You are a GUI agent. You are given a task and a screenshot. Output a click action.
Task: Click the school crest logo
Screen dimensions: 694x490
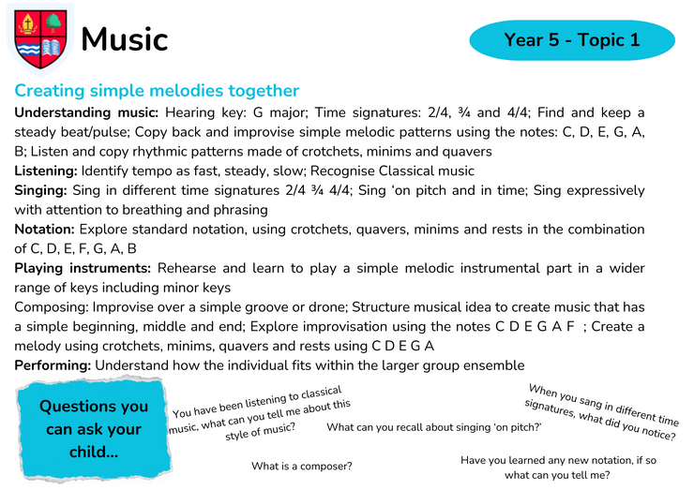(x=40, y=39)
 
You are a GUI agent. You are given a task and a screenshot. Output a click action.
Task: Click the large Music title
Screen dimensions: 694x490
(x=125, y=39)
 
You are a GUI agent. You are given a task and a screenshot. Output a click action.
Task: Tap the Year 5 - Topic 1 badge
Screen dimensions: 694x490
(x=572, y=39)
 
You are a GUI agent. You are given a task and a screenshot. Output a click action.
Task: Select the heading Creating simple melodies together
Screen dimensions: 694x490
(x=157, y=91)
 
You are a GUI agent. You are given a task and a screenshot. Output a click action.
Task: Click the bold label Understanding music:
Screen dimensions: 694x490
(x=86, y=112)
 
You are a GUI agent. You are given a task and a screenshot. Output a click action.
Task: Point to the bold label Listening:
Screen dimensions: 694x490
(x=46, y=171)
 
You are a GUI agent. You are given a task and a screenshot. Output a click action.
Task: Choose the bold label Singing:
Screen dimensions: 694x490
(x=40, y=190)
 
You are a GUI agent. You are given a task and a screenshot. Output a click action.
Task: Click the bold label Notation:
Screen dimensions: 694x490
(x=45, y=230)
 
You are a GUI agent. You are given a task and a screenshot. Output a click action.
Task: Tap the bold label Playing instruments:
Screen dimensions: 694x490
(x=83, y=269)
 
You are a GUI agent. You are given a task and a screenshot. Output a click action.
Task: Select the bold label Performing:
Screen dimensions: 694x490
(x=53, y=365)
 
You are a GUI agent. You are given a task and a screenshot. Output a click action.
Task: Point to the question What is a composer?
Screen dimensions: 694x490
(x=302, y=467)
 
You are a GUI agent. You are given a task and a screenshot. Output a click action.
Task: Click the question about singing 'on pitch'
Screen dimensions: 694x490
(x=433, y=427)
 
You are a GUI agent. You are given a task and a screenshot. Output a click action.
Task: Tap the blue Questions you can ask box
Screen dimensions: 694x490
(x=94, y=429)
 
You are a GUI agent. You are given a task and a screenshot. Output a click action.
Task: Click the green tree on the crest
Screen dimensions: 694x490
(x=53, y=22)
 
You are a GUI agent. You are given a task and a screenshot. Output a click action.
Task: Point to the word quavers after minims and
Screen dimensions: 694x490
(x=464, y=152)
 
